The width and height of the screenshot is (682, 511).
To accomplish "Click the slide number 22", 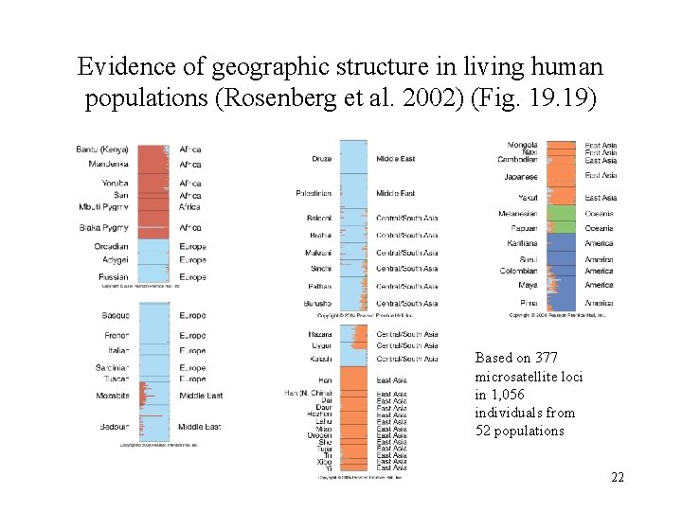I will [618, 477].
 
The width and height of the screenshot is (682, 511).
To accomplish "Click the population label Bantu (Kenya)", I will [102, 150].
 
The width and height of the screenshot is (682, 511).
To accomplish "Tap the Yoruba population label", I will [115, 184].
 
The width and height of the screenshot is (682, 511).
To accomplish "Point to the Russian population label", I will [113, 277].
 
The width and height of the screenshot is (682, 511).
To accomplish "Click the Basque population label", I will [115, 315].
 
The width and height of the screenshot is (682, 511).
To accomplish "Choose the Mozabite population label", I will [112, 396].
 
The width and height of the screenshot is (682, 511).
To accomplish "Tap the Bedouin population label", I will [114, 427].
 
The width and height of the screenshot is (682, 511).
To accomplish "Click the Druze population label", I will [321, 159].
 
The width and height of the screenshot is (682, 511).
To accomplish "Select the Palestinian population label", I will [314, 193].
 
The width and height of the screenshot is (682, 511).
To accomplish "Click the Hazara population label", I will [319, 334].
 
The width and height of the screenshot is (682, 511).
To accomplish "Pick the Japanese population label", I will [520, 177].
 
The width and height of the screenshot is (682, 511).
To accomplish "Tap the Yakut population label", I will [528, 198].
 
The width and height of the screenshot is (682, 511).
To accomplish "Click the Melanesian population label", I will [517, 214].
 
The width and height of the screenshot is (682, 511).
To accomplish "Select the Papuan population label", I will [524, 228].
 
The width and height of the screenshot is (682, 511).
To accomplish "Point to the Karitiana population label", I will [522, 243].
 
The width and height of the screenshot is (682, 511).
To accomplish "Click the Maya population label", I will [528, 285].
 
